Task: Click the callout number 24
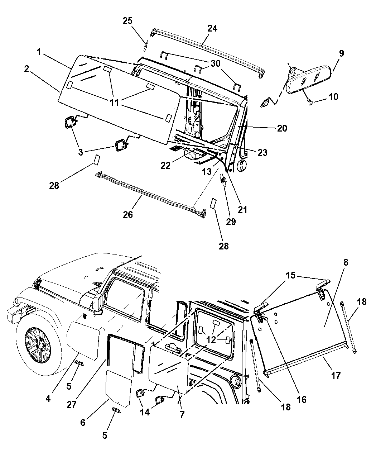click(212, 28)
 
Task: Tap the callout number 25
click(127, 21)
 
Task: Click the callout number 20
click(282, 128)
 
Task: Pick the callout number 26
click(128, 214)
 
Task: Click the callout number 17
click(336, 376)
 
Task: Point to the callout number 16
click(302, 399)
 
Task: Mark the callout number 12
click(211, 339)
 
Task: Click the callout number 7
click(182, 415)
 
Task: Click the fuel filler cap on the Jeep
click(236, 382)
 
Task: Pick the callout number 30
click(216, 63)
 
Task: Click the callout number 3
click(81, 152)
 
